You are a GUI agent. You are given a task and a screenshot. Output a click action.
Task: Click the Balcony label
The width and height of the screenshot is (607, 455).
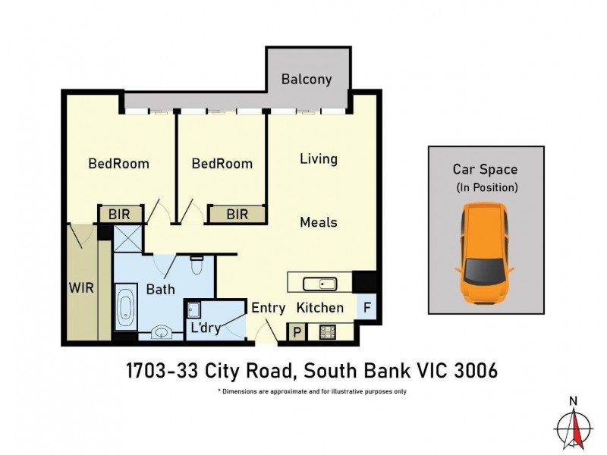307,79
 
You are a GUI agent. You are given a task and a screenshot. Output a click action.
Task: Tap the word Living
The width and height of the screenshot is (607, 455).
319,159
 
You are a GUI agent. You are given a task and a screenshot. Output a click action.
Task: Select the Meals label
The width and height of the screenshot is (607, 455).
319,222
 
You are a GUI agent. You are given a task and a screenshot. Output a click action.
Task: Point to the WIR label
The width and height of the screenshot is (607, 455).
81,289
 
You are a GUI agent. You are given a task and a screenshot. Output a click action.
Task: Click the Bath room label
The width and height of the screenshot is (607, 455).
160,289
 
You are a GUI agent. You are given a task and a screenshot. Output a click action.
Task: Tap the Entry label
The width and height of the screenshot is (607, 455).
268,308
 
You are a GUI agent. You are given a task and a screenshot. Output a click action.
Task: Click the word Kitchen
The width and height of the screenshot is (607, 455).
319,308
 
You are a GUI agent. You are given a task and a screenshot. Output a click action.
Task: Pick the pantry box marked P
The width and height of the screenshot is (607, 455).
294,331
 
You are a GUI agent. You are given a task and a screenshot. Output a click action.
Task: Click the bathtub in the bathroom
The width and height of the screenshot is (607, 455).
125,305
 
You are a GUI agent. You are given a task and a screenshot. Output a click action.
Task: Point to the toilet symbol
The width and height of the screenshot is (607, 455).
196,266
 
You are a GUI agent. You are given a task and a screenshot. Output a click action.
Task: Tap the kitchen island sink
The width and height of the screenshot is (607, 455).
319,284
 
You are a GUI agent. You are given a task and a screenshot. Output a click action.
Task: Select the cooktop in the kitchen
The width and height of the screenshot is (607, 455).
328,331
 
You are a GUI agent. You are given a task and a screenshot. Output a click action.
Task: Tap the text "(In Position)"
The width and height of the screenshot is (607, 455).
486,187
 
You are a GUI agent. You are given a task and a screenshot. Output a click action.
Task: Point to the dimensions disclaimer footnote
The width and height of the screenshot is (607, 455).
312,391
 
